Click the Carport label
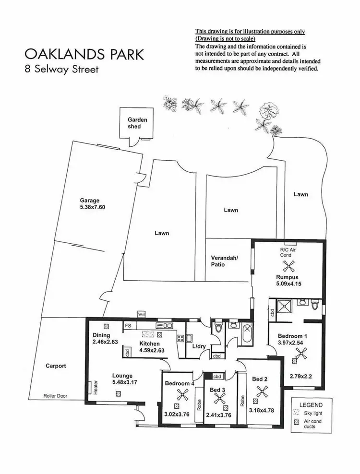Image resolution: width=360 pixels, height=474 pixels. point(56,366)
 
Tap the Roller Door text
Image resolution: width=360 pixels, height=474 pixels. point(56,396)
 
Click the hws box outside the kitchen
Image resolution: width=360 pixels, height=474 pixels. point(142,314)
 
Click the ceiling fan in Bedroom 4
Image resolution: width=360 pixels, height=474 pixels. point(182,395)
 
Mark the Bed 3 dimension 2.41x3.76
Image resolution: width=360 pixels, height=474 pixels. point(219,415)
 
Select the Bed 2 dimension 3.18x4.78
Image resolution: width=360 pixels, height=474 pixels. point(261,411)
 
